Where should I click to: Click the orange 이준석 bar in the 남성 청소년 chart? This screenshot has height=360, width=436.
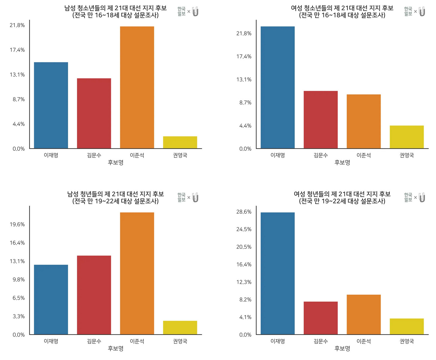point(137,87)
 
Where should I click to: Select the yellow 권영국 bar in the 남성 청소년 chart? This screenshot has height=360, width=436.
point(180,142)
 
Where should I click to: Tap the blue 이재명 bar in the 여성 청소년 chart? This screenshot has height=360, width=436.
point(277,87)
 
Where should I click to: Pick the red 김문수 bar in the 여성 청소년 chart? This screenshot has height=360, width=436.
point(321,120)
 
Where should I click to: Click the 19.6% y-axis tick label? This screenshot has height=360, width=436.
point(17,224)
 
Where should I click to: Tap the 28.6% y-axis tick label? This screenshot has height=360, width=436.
point(244,212)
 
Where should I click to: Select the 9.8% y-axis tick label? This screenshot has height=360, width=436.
point(19,280)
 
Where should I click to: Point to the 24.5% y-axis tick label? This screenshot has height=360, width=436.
point(244,229)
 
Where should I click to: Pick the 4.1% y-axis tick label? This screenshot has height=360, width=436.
point(245,317)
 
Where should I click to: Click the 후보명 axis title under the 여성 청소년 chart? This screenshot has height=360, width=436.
point(342,163)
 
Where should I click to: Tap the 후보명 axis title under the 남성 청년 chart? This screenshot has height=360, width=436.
point(115,349)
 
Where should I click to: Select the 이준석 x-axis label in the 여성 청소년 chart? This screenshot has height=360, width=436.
point(363,155)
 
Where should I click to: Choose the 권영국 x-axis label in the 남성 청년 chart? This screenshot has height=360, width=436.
point(180,341)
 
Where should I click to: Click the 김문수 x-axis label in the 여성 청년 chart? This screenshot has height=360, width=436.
point(321,341)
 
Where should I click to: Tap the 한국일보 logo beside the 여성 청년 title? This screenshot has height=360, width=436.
point(408,197)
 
